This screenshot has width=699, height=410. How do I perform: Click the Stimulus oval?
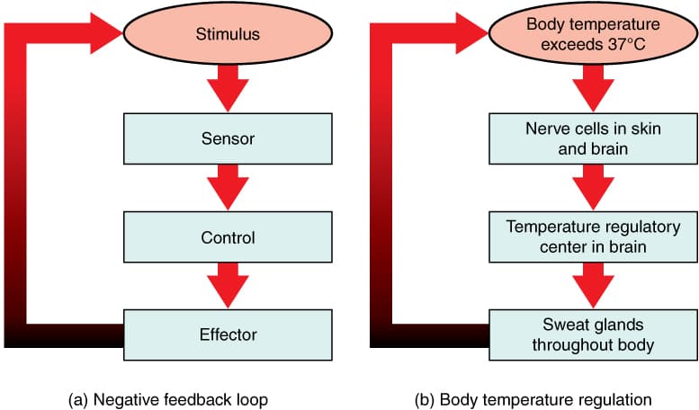pos(228,36)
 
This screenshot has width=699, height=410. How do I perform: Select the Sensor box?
pos(228,139)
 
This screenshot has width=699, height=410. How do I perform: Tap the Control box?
pos(228,238)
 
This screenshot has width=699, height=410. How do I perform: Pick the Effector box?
pos(228,334)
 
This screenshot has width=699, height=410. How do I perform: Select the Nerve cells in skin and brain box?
pos(594,139)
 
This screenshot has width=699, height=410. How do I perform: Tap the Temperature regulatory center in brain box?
pos(594,238)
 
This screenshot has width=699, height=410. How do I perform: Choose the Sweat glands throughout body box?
pos(594,334)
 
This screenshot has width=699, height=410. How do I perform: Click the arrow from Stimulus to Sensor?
pos(228,88)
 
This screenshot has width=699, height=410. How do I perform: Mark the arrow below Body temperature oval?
pos(594,88)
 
